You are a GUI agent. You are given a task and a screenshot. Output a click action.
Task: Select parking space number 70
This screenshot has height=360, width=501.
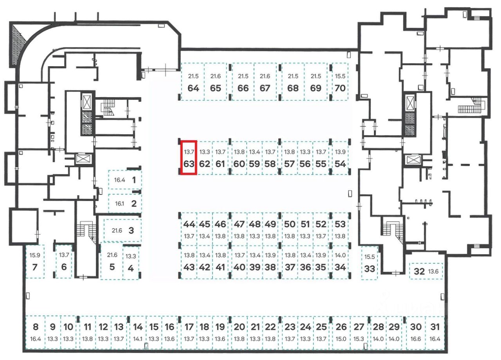pyautogui.click(x=340, y=88)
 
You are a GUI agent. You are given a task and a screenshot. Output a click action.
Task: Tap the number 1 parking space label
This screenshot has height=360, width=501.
pyautogui.click(x=134, y=180)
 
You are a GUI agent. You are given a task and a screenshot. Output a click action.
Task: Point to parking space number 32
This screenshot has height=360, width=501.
pyautogui.click(x=419, y=271)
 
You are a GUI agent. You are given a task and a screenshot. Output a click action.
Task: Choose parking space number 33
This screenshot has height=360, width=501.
pyautogui.click(x=369, y=269)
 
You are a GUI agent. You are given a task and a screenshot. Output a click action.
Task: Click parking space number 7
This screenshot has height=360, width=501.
pyautogui.click(x=34, y=267)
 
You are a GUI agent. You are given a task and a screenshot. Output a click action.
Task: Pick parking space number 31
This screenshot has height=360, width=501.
pyautogui.click(x=434, y=327)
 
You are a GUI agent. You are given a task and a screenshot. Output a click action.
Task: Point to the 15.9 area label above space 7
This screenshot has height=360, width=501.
pyautogui.click(x=34, y=255)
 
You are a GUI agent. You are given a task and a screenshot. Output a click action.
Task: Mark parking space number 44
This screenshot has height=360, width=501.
pyautogui.click(x=189, y=224)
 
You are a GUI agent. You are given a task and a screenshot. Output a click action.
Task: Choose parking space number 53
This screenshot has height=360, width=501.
pyautogui.click(x=340, y=224)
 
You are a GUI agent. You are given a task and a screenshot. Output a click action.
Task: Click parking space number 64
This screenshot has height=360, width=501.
pyautogui.click(x=193, y=88)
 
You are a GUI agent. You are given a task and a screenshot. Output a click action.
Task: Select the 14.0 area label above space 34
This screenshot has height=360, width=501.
pyautogui.click(x=340, y=255)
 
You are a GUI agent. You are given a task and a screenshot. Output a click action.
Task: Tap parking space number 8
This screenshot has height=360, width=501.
pyautogui.click(x=36, y=327)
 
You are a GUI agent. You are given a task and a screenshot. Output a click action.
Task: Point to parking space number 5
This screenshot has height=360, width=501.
pyautogui.click(x=112, y=267)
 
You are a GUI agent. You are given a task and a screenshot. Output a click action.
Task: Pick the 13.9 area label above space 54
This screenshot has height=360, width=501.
pyautogui.click(x=340, y=152)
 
